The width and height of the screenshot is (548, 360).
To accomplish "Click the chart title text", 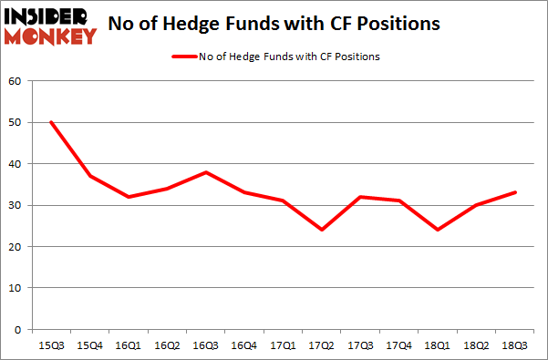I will tap(274, 24).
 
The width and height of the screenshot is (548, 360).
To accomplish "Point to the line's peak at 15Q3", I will tap(50, 122).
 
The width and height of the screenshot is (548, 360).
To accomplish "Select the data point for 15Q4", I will tap(89, 176).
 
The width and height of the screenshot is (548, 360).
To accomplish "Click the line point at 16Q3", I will tap(207, 172).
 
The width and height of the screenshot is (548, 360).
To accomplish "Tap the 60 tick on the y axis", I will tap(16, 81).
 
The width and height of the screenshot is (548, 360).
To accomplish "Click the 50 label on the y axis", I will tap(16, 122).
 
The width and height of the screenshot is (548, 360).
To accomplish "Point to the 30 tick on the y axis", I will tap(16, 205).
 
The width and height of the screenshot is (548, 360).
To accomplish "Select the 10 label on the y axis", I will tap(16, 288).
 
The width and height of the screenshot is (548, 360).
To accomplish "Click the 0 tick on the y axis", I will tap(18, 329).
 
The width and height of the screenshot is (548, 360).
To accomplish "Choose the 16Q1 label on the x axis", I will tap(129, 345).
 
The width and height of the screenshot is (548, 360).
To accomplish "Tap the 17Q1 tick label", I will tap(284, 345).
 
